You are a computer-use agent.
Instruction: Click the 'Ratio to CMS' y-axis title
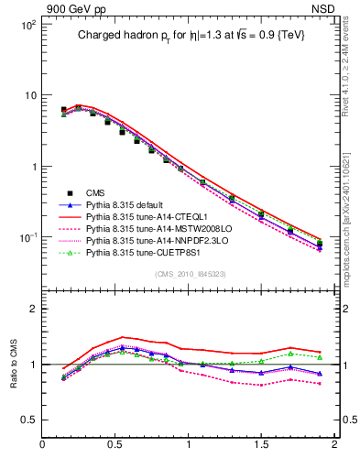pyautogui.click(x=13, y=364)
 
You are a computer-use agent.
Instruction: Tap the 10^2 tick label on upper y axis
pyautogui.click(x=28, y=25)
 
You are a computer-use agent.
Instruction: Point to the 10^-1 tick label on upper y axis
pyautogui.click(x=27, y=237)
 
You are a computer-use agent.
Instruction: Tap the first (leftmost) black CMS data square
pyautogui.click(x=63, y=109)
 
